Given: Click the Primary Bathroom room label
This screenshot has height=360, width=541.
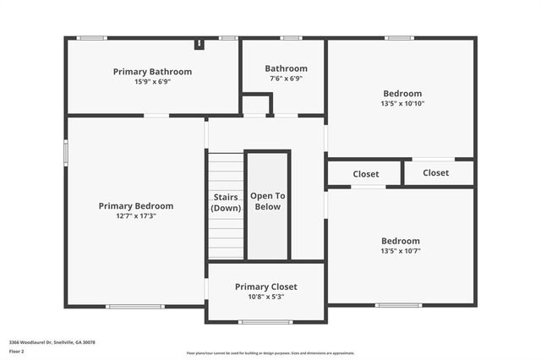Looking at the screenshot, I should (x=152, y=72).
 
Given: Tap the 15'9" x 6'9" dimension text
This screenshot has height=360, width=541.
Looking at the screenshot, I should (x=152, y=82).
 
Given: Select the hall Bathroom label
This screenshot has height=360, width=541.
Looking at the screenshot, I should (x=286, y=68).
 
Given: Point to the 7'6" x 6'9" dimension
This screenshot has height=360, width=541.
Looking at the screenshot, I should (x=286, y=79).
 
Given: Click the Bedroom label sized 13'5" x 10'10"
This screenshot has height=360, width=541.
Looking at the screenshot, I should (x=402, y=94).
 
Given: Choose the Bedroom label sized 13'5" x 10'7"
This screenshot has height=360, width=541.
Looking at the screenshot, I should (x=401, y=241).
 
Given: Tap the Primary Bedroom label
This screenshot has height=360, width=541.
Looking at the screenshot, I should (x=136, y=205).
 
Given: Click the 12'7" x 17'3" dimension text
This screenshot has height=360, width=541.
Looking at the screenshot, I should (x=136, y=216).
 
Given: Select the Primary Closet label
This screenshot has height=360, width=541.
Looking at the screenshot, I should (x=266, y=286).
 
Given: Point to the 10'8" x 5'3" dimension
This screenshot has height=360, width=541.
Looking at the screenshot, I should (x=266, y=297).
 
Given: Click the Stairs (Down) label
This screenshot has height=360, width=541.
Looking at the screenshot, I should (x=226, y=202).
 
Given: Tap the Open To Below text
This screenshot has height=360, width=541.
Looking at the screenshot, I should (x=268, y=201).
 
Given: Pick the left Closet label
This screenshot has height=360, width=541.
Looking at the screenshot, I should (x=365, y=174).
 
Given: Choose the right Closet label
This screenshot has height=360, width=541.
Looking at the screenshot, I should (x=435, y=172).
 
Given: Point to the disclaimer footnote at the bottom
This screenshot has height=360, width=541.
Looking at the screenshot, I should (x=270, y=353).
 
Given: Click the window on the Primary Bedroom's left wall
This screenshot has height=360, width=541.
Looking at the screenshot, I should (x=67, y=154).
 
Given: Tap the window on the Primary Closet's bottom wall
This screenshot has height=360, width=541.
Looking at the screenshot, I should (x=265, y=321).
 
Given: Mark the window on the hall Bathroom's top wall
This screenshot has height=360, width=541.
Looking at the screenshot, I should (x=291, y=38).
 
